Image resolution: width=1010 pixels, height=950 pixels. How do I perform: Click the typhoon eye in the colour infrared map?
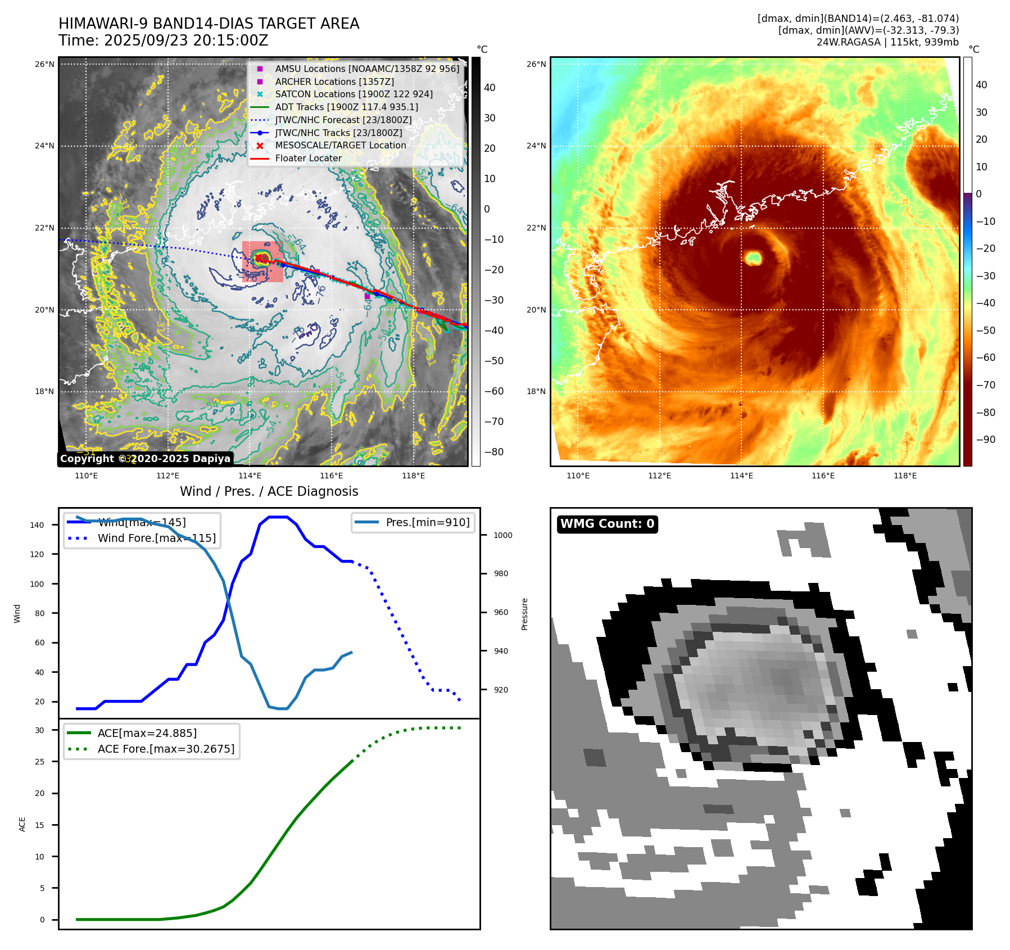tap(753, 258)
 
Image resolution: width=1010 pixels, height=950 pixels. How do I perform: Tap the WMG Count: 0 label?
tap(607, 524)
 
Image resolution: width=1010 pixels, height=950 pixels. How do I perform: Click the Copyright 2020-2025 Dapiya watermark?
tap(145, 459)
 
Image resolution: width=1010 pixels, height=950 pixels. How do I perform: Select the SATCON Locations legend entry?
tap(354, 94)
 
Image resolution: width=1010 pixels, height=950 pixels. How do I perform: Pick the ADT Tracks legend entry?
tap(346, 107)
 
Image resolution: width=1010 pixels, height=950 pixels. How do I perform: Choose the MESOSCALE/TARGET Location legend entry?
tap(340, 145)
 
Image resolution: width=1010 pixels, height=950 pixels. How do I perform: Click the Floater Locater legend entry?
tap(308, 158)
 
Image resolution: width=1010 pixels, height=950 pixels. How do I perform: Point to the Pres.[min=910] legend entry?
tap(427, 522)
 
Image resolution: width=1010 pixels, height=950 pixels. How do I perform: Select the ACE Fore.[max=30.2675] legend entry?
tap(166, 749)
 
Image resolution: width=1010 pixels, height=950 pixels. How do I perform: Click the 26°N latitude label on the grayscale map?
tap(45, 64)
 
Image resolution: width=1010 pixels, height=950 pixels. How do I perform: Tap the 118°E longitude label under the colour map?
tap(905, 476)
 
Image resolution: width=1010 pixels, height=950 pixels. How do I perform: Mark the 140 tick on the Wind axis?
tap(37, 525)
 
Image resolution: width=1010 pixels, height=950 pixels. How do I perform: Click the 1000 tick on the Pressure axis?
tap(503, 535)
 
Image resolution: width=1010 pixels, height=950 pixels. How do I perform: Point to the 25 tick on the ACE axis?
tap(40, 762)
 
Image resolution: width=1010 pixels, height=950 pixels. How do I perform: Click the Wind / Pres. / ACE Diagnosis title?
tap(269, 491)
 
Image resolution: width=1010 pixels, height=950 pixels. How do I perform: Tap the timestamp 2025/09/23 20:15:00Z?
tap(185, 40)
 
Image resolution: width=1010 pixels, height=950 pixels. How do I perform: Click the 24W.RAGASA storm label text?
tap(849, 42)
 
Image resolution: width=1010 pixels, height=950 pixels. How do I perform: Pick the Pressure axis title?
tap(524, 614)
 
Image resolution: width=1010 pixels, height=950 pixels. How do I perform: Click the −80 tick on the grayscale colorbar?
tap(494, 452)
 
